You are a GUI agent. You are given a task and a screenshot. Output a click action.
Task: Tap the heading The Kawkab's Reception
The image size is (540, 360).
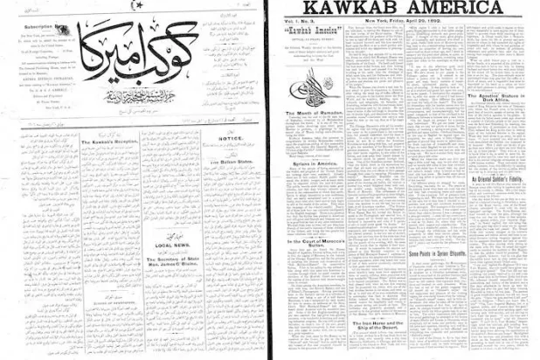click(x=110, y=144)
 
